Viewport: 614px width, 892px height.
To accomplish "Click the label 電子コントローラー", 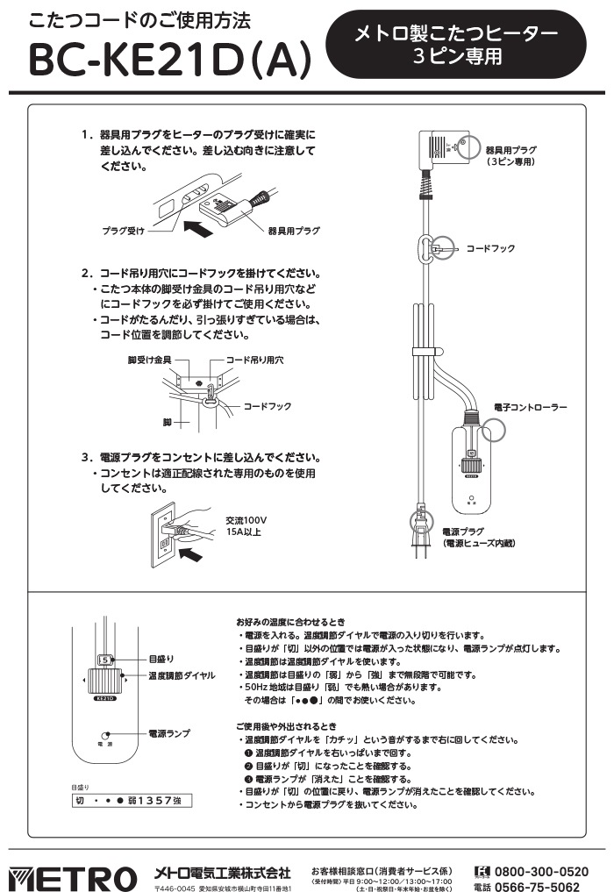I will pos(531,408).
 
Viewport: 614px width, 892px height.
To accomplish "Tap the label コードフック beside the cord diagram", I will pos(489,249).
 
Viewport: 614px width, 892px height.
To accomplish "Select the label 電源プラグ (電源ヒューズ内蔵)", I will pos(478,538).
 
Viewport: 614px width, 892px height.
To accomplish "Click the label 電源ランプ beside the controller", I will pos(169,731).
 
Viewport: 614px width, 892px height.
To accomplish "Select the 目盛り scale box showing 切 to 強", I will pos(132,801).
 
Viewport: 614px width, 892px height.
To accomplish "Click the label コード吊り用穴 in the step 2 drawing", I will pos(254,360).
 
